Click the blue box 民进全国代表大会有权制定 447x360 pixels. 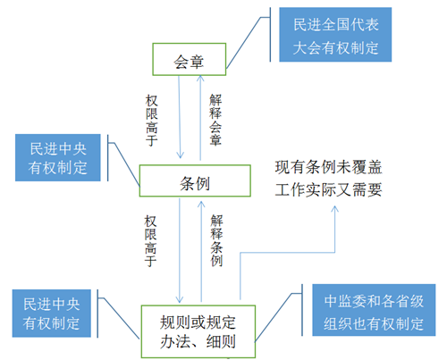[335, 35]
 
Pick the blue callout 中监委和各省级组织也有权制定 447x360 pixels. [374, 310]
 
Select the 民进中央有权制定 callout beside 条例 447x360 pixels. [58, 157]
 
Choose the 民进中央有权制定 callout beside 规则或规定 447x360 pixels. [52, 314]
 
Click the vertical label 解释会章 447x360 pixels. [215, 120]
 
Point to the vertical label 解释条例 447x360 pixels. [216, 240]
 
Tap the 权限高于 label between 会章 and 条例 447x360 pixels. [151, 121]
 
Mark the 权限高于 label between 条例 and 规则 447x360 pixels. [150, 241]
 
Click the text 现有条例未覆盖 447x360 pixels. [328, 167]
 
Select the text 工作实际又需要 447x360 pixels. [328, 189]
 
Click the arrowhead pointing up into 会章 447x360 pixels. [200, 78]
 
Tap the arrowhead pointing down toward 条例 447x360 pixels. [180, 155]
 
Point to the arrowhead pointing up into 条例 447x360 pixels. [201, 204]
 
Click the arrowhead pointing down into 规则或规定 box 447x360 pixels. [180, 299]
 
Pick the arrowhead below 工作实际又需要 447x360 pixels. [334, 209]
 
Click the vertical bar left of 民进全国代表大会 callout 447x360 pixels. [270, 35]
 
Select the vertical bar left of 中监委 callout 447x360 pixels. [302, 310]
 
